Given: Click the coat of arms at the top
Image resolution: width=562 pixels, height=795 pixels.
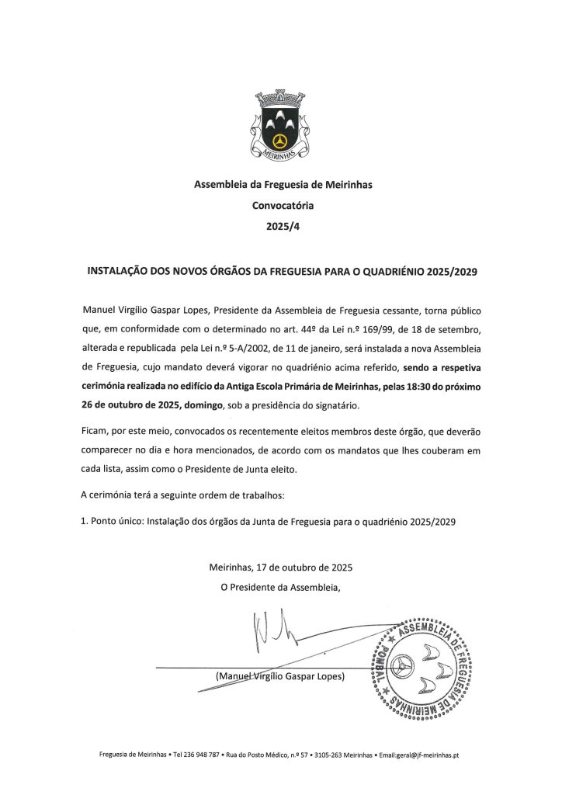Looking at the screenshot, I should (x=280, y=125).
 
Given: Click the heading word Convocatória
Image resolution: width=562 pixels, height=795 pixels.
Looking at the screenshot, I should (x=280, y=207).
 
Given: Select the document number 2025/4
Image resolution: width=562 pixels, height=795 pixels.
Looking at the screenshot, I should (x=280, y=227).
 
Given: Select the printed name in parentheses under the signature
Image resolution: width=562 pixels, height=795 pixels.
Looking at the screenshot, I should (x=281, y=676).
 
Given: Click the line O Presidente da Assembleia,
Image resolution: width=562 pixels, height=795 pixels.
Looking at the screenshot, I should (x=281, y=587).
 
